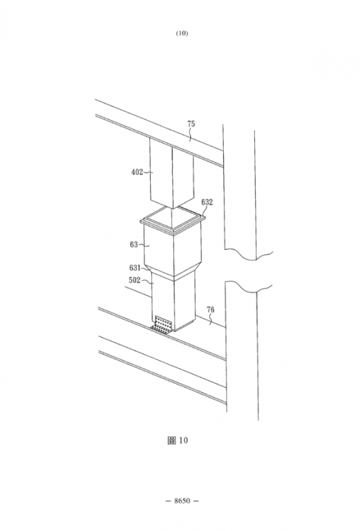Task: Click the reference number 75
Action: pyautogui.click(x=191, y=124)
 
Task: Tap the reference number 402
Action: pyautogui.click(x=137, y=172)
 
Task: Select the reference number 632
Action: pyautogui.click(x=207, y=202)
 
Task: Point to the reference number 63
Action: pyautogui.click(x=134, y=244)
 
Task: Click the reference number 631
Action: pyautogui.click(x=135, y=268)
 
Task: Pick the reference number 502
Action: pyautogui.click(x=134, y=281)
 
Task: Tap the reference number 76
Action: pyautogui.click(x=211, y=310)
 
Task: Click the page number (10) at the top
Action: pyautogui.click(x=182, y=33)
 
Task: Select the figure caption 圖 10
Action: pyautogui.click(x=178, y=440)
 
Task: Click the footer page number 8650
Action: pyautogui.click(x=182, y=501)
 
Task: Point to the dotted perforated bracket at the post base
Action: pyautogui.click(x=162, y=324)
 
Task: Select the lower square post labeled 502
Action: pyautogui.click(x=173, y=302)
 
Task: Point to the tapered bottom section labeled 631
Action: pyautogui.click(x=173, y=272)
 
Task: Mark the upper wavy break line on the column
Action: pyautogui.click(x=248, y=254)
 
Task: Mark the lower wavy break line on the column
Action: pyautogui.click(x=249, y=286)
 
